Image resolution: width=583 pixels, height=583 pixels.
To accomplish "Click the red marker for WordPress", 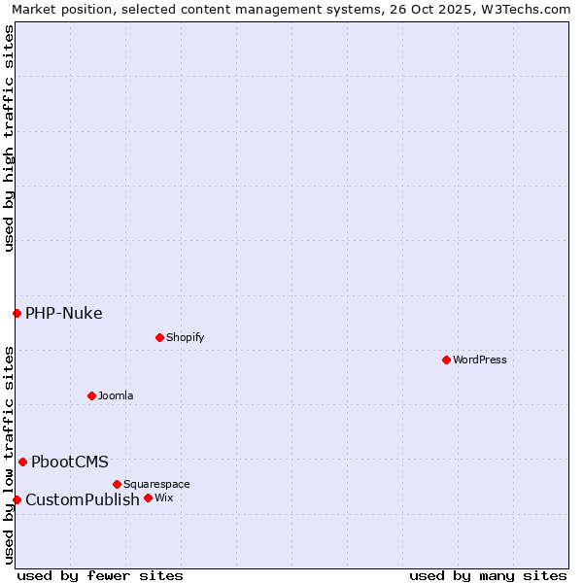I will [x=446, y=360].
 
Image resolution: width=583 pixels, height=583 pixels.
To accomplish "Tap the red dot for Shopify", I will [x=159, y=337].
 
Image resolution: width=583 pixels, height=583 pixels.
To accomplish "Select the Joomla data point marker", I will [x=91, y=395].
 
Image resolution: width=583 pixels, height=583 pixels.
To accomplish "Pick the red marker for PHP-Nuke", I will [x=17, y=313].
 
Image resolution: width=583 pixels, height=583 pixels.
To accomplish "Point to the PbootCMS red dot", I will [x=22, y=462].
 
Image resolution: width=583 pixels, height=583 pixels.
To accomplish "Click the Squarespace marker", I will [x=117, y=484].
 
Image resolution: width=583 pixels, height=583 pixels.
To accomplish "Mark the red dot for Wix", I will [x=148, y=497].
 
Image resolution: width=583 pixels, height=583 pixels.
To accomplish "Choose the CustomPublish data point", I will [x=17, y=499].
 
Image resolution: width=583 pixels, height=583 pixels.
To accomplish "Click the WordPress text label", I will [x=480, y=360].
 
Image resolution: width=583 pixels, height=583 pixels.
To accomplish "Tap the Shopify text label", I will [x=185, y=337].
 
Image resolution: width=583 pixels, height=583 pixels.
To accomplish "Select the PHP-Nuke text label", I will [x=64, y=313].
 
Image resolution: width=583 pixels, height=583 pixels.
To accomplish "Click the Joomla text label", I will [x=116, y=395].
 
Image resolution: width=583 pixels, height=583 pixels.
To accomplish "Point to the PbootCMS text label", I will [x=70, y=462].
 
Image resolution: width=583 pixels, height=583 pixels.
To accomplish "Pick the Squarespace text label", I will [x=156, y=484].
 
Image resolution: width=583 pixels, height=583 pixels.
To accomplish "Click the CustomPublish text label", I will [x=83, y=499].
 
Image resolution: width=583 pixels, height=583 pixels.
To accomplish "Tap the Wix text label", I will [x=163, y=497].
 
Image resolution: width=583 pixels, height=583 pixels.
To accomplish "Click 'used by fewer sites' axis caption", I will [x=100, y=575].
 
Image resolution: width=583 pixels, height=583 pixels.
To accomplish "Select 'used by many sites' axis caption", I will [x=488, y=575].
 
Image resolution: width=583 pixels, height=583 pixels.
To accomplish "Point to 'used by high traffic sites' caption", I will [x=9, y=138].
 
